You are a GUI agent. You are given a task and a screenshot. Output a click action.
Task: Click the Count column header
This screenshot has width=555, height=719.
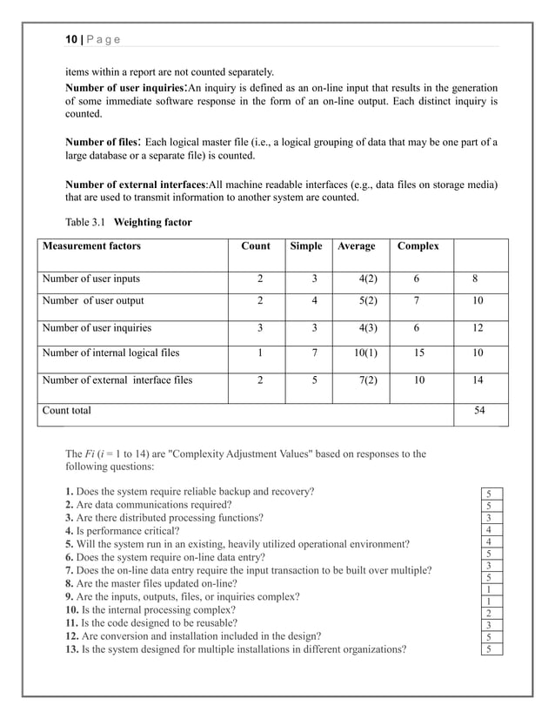point(256,246)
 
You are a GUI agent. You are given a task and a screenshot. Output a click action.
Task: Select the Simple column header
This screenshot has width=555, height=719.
point(305,246)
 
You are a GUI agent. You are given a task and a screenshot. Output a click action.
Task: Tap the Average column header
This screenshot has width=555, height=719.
point(356,246)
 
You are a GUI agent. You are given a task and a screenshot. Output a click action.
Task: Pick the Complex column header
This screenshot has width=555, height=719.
point(418,246)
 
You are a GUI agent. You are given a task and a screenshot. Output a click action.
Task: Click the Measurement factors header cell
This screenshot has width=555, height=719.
point(91,246)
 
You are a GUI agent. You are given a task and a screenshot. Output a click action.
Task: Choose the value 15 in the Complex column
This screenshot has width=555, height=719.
point(419,354)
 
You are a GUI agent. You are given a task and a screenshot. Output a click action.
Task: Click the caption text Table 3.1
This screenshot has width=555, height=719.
point(86,222)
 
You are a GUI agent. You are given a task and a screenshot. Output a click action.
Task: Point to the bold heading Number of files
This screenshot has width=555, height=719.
point(103,141)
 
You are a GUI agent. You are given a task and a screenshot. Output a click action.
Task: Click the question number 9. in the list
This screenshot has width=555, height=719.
point(70,596)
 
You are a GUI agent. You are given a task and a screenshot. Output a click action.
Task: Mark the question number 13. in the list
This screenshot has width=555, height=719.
point(73,648)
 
